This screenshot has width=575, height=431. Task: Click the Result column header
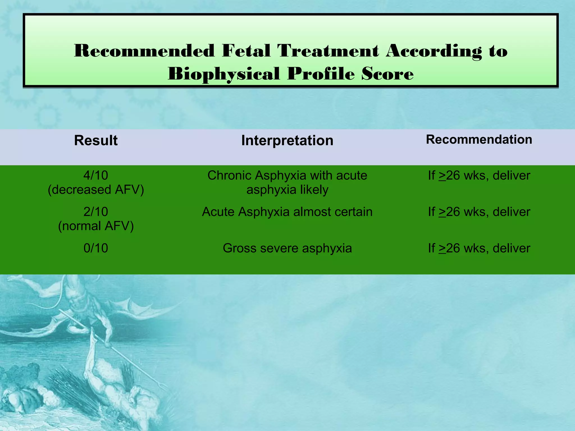(96, 140)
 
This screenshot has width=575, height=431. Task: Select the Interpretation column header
(287, 140)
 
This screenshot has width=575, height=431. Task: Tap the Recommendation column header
(479, 139)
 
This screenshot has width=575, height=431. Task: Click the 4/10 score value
(96, 175)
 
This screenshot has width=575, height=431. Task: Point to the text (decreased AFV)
(96, 190)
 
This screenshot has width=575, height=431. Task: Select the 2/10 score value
(96, 212)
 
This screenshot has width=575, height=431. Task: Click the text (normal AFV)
(96, 226)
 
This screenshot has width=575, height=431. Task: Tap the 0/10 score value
(96, 248)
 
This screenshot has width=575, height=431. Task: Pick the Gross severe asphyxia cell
(287, 248)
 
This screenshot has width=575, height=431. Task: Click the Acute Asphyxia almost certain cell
(287, 212)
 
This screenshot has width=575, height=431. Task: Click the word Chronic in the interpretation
(229, 175)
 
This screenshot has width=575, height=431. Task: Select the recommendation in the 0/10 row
(479, 248)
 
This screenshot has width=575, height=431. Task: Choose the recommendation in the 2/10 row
(479, 212)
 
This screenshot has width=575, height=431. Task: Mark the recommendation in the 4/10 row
(479, 175)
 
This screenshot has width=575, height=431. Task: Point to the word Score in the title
(387, 74)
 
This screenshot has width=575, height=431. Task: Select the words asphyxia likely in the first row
(287, 190)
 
